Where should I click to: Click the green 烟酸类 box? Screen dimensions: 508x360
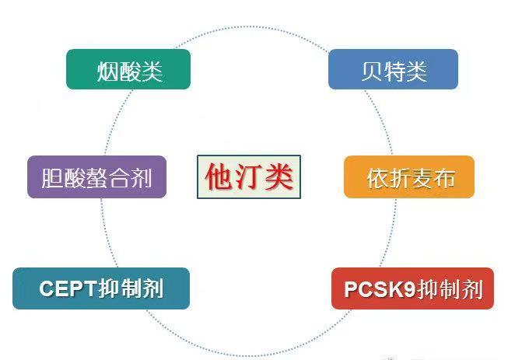tap(128, 69)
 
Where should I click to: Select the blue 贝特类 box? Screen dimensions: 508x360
tap(394, 69)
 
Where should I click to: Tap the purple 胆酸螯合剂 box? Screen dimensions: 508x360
tap(97, 177)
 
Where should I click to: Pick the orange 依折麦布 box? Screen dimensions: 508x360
tap(409, 177)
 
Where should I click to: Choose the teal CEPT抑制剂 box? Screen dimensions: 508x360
tap(101, 288)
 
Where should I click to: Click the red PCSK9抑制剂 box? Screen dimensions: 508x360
tap(413, 288)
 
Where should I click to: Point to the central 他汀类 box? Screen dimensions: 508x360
tap(249, 177)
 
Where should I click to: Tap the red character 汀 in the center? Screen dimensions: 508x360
tap(248, 177)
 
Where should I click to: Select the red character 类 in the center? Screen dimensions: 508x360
tap(279, 177)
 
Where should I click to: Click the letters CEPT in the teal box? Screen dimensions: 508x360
tap(68, 288)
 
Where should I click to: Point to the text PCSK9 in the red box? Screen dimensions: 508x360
tap(380, 288)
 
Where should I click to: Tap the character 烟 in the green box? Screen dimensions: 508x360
tap(108, 72)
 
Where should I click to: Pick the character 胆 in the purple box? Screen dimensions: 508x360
tap(52, 178)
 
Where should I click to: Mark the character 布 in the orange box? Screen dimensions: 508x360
tap(444, 178)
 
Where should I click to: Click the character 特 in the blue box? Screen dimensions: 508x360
tap(394, 72)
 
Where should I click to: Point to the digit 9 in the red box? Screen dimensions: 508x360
tap(409, 288)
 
